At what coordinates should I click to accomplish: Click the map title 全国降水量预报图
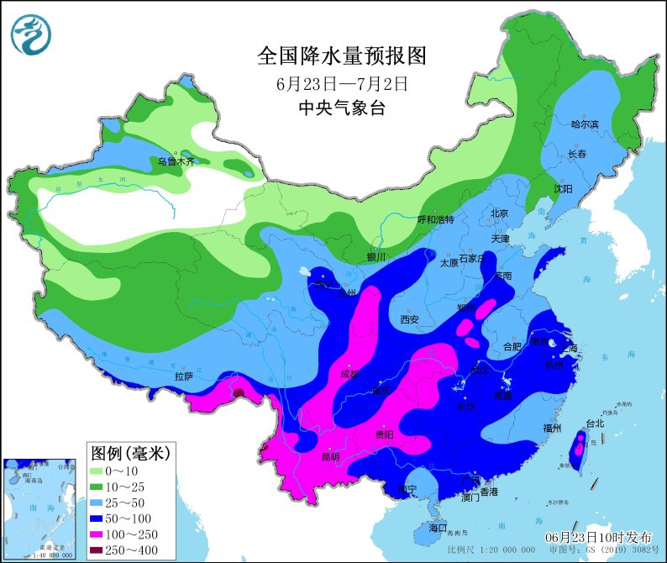click(x=342, y=56)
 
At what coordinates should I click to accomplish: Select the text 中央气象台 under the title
click(x=342, y=108)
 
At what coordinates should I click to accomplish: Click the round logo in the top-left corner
click(x=31, y=35)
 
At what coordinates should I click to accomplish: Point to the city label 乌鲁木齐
click(x=176, y=160)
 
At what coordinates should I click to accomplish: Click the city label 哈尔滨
click(x=585, y=124)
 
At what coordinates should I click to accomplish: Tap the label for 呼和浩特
click(x=435, y=219)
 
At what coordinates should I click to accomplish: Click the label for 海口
click(x=437, y=528)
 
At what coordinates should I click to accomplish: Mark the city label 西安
click(x=409, y=319)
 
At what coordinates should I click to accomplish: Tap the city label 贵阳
click(x=384, y=434)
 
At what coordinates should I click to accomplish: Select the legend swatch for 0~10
click(x=103, y=472)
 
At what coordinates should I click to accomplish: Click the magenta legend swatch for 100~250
click(x=103, y=534)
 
